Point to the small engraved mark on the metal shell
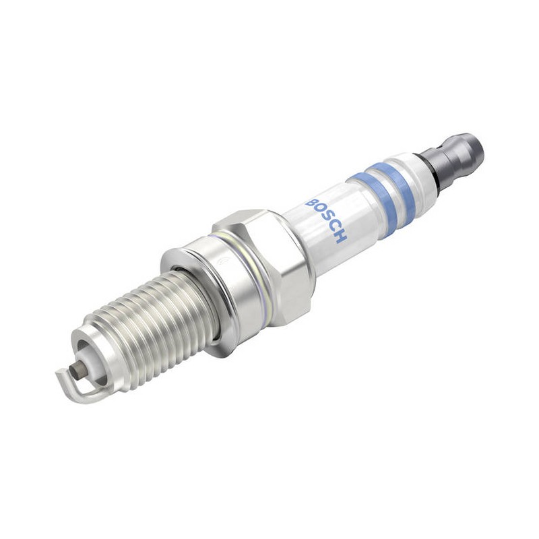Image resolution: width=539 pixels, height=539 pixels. click(x=224, y=261)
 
